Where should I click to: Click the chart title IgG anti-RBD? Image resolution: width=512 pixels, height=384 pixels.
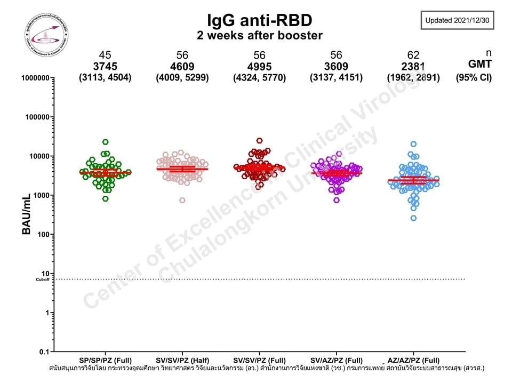[259, 20]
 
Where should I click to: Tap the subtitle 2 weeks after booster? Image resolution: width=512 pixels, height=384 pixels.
[259, 36]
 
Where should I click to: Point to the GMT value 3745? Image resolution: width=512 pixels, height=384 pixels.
[106, 67]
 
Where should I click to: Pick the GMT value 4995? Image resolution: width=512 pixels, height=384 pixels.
[259, 67]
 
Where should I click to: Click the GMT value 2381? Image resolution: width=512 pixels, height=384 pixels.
[413, 67]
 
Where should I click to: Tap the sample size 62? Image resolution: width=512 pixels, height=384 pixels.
[413, 55]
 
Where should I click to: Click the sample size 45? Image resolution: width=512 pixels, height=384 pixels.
[106, 55]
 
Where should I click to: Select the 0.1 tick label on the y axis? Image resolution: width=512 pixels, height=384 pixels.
[44, 351]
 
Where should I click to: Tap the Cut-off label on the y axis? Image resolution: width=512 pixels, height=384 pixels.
[43, 279]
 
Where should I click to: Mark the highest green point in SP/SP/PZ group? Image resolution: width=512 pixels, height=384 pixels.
[106, 142]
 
